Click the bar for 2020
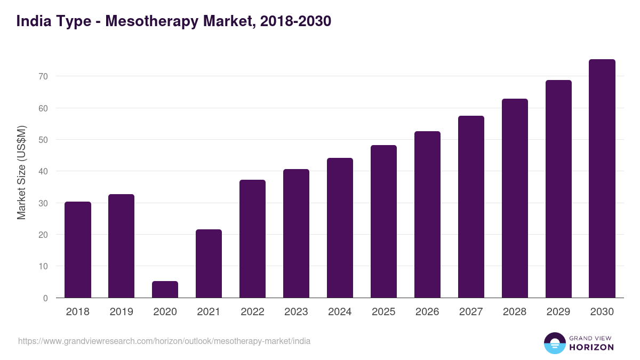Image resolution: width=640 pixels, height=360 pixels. [x=165, y=290]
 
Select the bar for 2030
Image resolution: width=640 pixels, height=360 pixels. [x=602, y=179]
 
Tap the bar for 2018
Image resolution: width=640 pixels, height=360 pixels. [x=78, y=250]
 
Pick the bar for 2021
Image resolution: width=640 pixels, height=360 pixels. [x=209, y=263]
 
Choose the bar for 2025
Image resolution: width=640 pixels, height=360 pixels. [x=383, y=221]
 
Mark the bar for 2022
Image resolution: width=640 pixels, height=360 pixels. [x=252, y=239]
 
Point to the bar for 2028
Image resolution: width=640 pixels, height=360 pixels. [x=515, y=198]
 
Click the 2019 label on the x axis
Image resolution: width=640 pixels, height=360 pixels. [x=122, y=312]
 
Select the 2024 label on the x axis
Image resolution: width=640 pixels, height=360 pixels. [x=340, y=312]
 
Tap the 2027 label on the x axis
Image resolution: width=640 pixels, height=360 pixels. [x=471, y=312]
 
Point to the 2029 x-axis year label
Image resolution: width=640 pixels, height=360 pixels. [x=558, y=312]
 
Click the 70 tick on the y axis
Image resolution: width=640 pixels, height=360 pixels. [x=43, y=77]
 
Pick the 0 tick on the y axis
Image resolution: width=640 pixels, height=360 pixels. [x=45, y=298]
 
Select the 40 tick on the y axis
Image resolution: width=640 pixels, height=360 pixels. [x=43, y=172]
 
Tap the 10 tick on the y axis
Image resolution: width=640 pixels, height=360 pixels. [x=43, y=266]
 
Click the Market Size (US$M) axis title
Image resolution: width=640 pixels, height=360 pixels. [x=21, y=172]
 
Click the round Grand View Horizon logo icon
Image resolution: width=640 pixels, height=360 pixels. [x=555, y=343]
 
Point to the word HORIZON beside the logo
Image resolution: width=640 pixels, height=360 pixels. [x=591, y=347]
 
